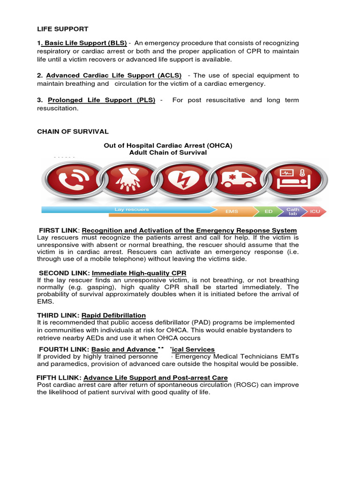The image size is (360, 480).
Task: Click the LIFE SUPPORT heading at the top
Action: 62,29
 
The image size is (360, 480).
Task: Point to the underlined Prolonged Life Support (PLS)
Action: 101,100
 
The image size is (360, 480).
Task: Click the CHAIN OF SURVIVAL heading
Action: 73,131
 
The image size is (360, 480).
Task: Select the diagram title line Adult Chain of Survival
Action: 168,152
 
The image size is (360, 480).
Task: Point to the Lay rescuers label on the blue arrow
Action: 132,210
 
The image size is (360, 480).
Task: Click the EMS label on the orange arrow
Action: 232,211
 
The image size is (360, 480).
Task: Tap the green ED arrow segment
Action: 268,211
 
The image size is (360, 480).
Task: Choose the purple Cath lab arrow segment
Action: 292,212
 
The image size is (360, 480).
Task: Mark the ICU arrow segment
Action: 315,211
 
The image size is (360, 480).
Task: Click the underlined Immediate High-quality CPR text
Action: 139,273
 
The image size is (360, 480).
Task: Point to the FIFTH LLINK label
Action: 59,377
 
